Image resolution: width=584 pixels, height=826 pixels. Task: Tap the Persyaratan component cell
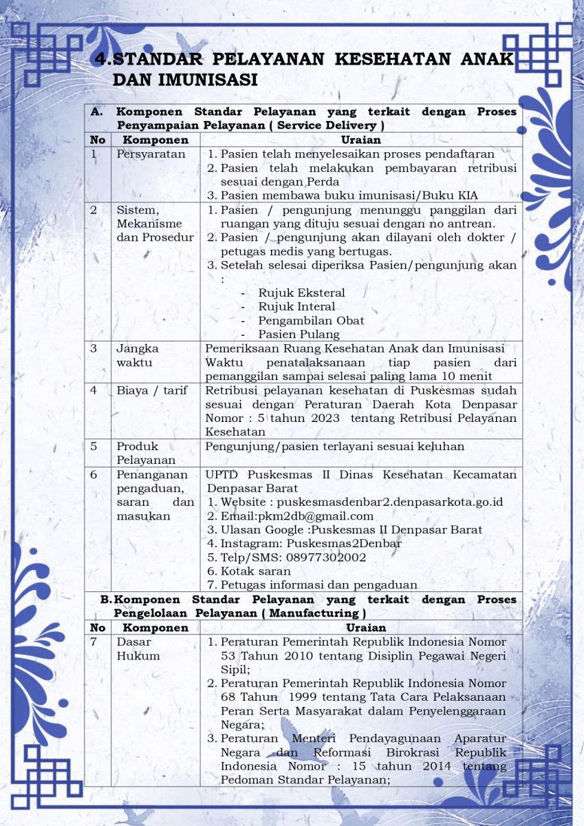pyautogui.click(x=151, y=154)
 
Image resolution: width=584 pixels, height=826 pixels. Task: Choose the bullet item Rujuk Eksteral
pyautogui.click(x=302, y=293)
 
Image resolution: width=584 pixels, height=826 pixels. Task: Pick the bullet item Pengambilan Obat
pyautogui.click(x=311, y=321)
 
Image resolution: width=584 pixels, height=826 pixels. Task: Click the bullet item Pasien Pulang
pyautogui.click(x=299, y=335)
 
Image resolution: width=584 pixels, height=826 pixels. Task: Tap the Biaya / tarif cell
pyautogui.click(x=151, y=391)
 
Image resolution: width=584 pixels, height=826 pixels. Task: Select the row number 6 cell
pyautogui.click(x=94, y=475)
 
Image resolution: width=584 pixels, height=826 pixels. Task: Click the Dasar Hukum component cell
pyautogui.click(x=138, y=648)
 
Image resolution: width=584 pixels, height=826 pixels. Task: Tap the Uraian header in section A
pyautogui.click(x=360, y=140)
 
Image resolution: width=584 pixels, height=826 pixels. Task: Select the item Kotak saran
pyautogui.click(x=255, y=571)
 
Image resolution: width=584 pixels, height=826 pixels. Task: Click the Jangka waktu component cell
pyautogui.click(x=138, y=355)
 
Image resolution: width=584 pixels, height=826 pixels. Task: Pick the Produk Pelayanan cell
pyautogui.click(x=146, y=453)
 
